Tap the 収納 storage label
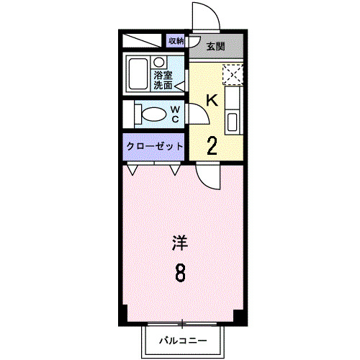tap(176, 41)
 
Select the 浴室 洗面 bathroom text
tap(162, 79)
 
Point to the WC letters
tap(175, 114)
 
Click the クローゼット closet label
tap(154, 146)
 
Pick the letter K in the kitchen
tap(212, 101)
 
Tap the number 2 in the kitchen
tap(212, 145)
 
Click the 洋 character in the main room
tap(179, 243)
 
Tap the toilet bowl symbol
tap(151, 114)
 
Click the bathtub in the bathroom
tap(137, 73)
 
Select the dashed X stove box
tap(233, 73)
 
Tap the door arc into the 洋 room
tap(207, 174)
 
